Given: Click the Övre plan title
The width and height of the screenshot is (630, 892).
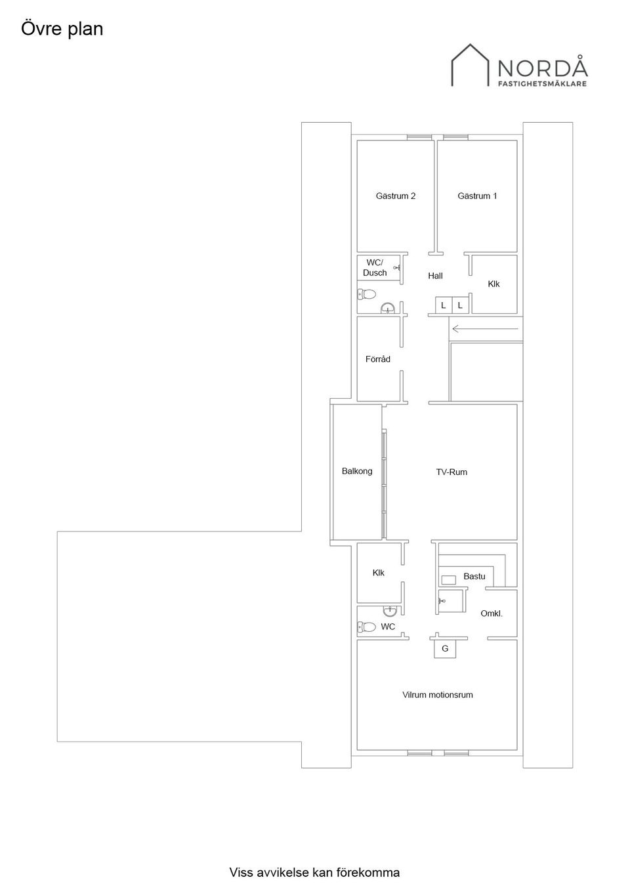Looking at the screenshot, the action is [62, 30].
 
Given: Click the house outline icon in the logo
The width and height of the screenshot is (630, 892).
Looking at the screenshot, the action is [470, 65].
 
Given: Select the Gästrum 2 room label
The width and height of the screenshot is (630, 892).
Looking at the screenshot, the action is [396, 196].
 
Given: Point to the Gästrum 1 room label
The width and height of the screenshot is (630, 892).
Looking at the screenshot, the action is [477, 196].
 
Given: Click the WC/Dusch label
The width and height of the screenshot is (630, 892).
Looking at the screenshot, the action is [375, 267].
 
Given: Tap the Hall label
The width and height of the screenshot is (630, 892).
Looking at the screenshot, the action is [435, 276].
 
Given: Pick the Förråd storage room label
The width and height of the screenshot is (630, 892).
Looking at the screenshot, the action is [378, 359].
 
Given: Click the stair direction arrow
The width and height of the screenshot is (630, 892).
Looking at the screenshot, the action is [485, 329].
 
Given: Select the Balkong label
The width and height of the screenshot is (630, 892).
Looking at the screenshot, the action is [357, 471].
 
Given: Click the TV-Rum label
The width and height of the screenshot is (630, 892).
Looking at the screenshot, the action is [451, 472].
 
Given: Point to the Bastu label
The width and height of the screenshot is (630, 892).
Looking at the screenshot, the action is [474, 576].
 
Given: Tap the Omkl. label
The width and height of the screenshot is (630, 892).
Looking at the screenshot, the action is [492, 613].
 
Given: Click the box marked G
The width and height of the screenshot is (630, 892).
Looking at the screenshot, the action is [445, 649].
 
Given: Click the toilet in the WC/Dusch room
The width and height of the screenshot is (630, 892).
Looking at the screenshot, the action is [367, 294].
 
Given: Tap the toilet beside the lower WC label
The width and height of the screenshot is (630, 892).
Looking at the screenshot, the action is [367, 627].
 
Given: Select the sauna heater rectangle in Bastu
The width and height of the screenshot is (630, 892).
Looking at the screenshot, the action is [448, 579].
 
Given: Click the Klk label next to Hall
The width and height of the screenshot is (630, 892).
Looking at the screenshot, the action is [493, 284].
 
